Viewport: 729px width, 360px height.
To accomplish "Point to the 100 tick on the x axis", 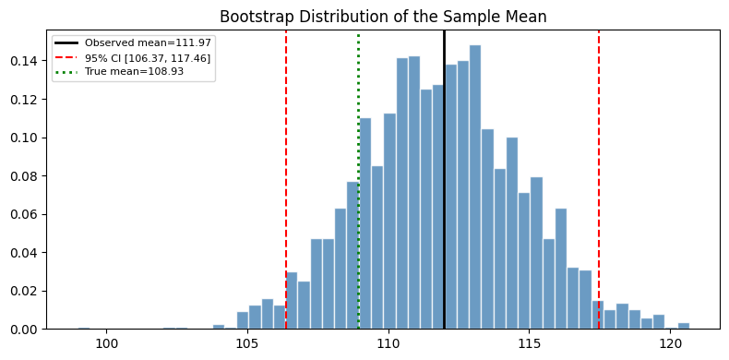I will pyautogui.click(x=107, y=342).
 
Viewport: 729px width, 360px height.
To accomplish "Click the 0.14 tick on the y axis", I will pyautogui.click(x=26, y=61).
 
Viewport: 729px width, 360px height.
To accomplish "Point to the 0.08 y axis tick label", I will pyautogui.click(x=26, y=175).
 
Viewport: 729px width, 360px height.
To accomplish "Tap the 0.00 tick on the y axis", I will pyautogui.click(x=26, y=329).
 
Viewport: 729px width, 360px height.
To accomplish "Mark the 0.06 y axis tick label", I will pyautogui.click(x=26, y=214).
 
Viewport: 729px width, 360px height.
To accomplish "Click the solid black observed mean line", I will pyautogui.click(x=444, y=185).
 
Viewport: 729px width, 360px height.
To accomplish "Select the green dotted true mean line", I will pyautogui.click(x=358, y=185).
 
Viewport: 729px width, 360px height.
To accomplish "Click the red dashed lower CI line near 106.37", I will pyautogui.click(x=286, y=185).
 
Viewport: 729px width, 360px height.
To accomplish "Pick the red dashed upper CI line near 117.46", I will pyautogui.click(x=599, y=185).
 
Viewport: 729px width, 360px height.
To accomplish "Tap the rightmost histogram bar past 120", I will pyautogui.click(x=684, y=326).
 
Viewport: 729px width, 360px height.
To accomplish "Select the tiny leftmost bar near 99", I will pyautogui.click(x=84, y=328).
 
